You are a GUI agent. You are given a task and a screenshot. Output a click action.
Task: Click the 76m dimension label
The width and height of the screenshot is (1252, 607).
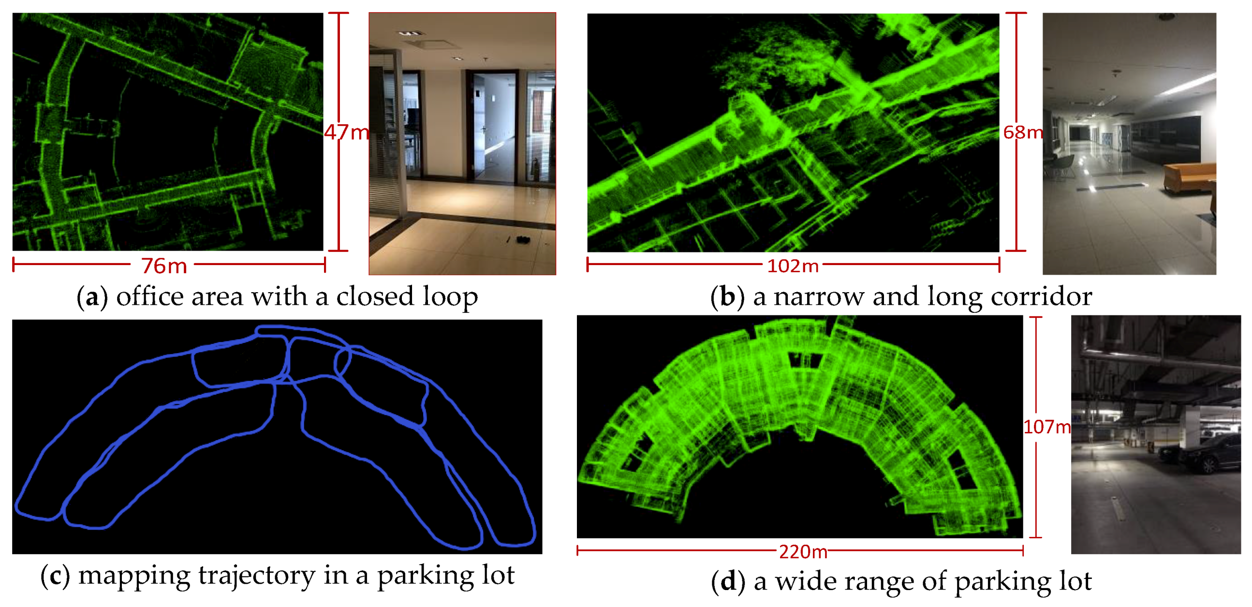pos(164,266)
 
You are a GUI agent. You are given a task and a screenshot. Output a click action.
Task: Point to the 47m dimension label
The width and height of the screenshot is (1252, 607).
pos(346,132)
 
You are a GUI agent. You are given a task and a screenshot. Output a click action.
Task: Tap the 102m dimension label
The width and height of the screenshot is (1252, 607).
pos(793,266)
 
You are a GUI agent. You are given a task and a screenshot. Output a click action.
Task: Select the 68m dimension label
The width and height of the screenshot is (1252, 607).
pos(1023,132)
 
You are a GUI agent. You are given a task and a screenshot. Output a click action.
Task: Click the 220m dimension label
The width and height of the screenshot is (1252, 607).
pos(803,551)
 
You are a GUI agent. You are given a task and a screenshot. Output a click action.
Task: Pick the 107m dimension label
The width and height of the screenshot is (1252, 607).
pos(1046,427)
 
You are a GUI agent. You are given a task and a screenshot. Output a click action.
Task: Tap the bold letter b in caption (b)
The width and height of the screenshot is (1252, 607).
pos(727,296)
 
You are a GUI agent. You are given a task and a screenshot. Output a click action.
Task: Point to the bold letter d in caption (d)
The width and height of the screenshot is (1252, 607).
pos(728,581)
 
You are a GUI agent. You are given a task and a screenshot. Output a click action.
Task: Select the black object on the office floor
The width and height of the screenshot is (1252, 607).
pos(523,239)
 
